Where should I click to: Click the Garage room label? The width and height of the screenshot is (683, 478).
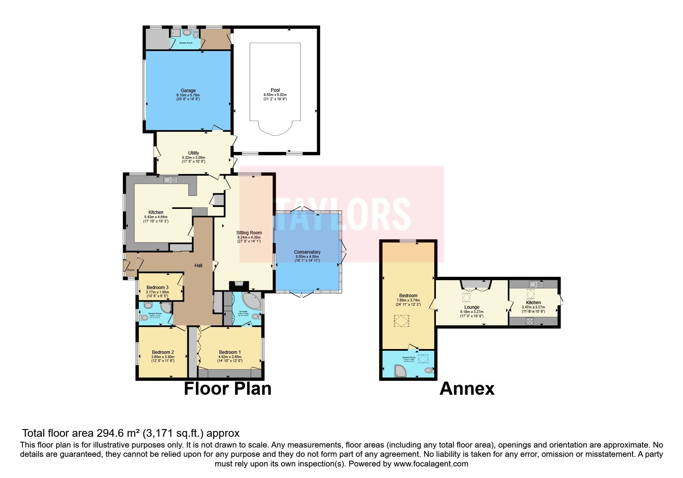188,91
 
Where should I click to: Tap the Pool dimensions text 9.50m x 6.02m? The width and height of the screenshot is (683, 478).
275,95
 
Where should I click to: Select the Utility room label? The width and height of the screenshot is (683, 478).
194,153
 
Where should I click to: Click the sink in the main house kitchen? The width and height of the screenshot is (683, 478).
170,180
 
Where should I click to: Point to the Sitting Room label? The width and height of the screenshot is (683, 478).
249,232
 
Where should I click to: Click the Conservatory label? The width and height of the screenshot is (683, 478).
307,252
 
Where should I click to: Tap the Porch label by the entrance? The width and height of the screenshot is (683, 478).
131,270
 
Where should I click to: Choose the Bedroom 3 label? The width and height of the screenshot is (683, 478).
157,287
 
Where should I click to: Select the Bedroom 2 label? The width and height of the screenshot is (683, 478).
163,352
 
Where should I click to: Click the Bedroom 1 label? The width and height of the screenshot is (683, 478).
230,352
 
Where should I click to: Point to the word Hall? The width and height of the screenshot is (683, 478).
198,265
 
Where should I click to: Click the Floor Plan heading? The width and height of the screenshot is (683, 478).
228,389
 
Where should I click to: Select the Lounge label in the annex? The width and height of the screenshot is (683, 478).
472,307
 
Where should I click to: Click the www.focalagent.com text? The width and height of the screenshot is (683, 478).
431,464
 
